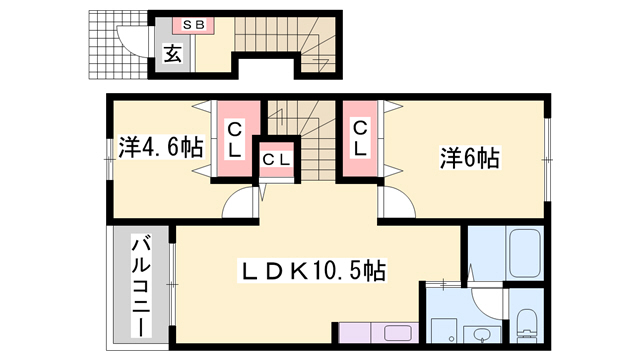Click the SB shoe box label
tap(193, 25)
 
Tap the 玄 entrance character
tap(173, 54)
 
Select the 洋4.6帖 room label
tap(160, 147)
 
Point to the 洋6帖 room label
tap(469, 158)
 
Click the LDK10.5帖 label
tap(312, 271)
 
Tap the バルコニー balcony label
tap(141, 285)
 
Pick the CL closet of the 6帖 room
tap(360, 139)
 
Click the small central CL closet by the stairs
tap(276, 160)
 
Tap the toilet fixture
tap(527, 322)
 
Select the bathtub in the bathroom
tap(525, 253)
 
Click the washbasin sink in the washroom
tap(483, 334)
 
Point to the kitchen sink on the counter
tap(398, 333)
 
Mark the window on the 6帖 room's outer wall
tap(547, 160)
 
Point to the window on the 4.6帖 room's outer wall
tap(109, 159)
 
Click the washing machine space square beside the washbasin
tap(444, 330)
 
